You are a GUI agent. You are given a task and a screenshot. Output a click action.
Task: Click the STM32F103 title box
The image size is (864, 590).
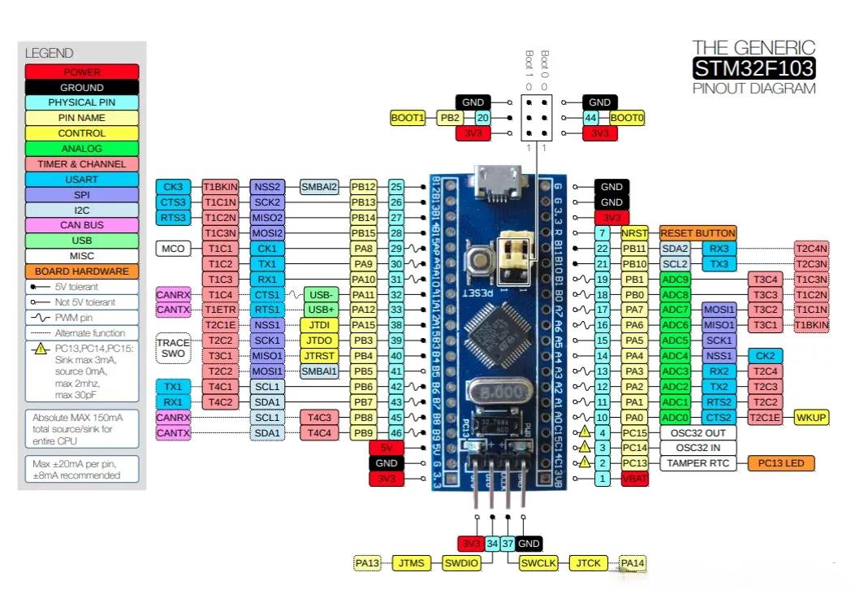click(x=754, y=67)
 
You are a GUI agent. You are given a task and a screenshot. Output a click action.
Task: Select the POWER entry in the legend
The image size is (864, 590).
click(x=81, y=72)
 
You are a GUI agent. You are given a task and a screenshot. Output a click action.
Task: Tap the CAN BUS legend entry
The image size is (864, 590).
click(x=81, y=225)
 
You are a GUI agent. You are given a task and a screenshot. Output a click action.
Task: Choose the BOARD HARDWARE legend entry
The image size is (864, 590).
click(x=81, y=271)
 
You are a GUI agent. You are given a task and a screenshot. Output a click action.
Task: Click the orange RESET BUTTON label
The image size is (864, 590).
click(x=698, y=233)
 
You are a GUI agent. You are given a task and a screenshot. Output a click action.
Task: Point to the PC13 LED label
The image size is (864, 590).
click(x=780, y=463)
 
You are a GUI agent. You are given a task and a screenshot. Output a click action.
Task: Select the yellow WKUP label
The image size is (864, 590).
click(x=811, y=417)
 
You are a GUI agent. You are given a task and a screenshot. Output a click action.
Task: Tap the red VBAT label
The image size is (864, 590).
click(x=635, y=479)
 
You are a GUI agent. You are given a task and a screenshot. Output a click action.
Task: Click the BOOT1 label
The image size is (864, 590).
click(x=408, y=118)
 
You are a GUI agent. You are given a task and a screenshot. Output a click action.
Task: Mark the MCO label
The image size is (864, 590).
click(x=173, y=248)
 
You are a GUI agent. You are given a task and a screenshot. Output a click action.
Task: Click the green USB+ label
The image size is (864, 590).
click(x=322, y=310)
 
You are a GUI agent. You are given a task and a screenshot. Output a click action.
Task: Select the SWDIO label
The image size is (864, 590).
click(x=462, y=562)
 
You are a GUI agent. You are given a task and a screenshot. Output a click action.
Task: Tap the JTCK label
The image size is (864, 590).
click(x=590, y=562)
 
